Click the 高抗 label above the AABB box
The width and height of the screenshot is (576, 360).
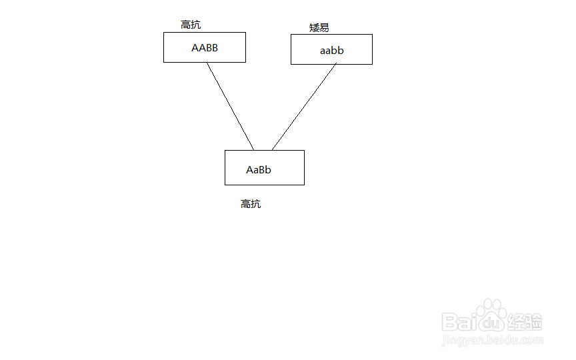tap(191, 25)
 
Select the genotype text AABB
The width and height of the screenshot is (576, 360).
tap(205, 48)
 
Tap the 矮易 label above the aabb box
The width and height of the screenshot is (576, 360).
tap(319, 28)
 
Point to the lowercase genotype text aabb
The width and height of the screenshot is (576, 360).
tap(331, 51)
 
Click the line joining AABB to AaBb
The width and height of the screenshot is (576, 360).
tap(230, 106)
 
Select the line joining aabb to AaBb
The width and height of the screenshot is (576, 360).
tap(304, 107)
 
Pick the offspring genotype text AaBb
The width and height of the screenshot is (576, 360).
tap(259, 170)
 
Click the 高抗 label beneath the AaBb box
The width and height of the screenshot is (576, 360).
tap(251, 204)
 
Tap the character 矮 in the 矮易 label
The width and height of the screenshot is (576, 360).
tap(314, 28)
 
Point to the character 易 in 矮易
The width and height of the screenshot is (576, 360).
tap(324, 28)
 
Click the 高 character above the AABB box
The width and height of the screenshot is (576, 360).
tap(186, 25)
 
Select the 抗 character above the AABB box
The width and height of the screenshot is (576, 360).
tap(196, 25)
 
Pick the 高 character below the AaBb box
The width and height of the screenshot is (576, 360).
tap(246, 204)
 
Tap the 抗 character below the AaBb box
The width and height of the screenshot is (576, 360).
tap(256, 204)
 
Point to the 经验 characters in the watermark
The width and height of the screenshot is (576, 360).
tap(525, 322)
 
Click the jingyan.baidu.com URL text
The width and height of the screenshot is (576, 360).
tap(492, 341)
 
